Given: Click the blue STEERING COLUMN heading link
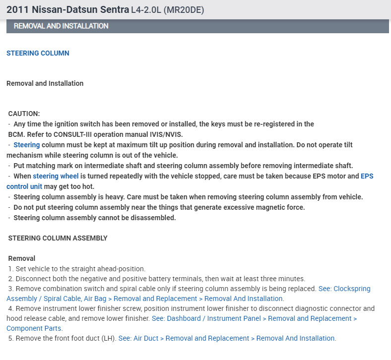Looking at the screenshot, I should click(38, 53).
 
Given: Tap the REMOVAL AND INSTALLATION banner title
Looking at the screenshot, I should click(61, 26).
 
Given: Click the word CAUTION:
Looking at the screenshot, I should click(24, 114).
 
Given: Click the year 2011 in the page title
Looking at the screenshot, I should click(17, 10).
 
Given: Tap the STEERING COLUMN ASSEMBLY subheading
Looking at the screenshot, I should click(58, 238).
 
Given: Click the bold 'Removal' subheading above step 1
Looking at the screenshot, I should click(22, 258).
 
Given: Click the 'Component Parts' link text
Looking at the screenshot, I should click(34, 328).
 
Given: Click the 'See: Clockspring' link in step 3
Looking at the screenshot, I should click(344, 289).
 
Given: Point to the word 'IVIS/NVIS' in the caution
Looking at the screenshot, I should click(166, 134).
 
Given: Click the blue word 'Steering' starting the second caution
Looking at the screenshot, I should click(26, 145).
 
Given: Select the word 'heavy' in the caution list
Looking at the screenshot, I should click(118, 197).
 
